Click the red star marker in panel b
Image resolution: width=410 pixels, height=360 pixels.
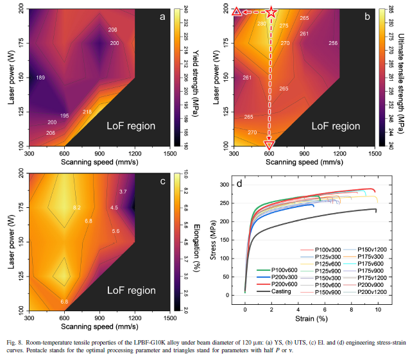(271, 12)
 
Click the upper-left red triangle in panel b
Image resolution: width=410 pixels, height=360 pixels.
(236, 12)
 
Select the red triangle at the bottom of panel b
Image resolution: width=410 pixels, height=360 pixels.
(270, 144)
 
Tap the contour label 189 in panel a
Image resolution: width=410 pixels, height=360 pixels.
(40, 78)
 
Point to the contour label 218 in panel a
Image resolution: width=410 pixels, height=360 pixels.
(87, 112)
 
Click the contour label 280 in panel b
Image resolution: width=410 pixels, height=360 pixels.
(261, 24)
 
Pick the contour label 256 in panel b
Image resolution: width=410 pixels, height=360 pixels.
(332, 43)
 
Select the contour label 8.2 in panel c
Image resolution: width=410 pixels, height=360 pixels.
(77, 207)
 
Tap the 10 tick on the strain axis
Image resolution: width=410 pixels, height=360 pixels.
(378, 309)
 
